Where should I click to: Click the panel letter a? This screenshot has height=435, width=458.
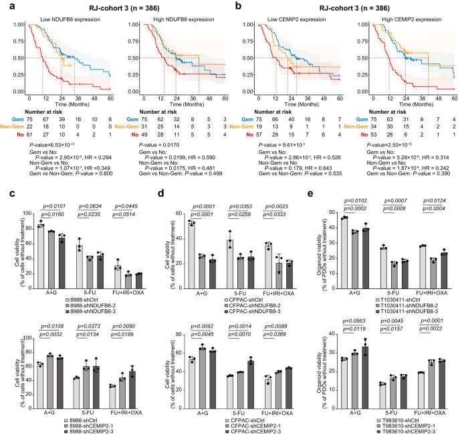6,6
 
